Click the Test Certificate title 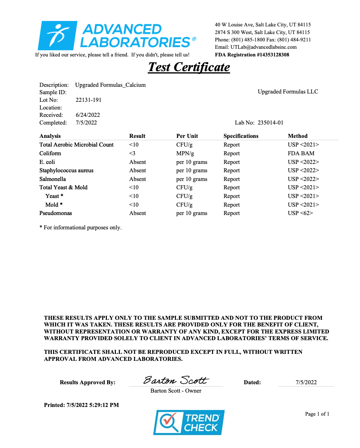(x=189, y=67)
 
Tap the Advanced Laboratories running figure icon (x=58, y=35)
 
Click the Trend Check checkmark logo (x=168, y=422)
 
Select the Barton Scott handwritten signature (x=176, y=380)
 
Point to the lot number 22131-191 (x=88, y=100)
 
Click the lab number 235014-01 (x=271, y=123)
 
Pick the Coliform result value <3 (x=132, y=153)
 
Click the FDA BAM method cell (x=301, y=153)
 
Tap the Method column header (x=298, y=136)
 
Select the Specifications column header (x=241, y=136)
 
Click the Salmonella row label (x=52, y=179)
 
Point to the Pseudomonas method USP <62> (x=300, y=213)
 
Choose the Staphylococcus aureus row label (x=66, y=170)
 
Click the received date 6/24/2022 (x=88, y=115)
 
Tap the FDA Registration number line (x=252, y=55)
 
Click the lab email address (x=263, y=47)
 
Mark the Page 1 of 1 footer (x=317, y=414)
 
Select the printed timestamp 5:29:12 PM (x=104, y=405)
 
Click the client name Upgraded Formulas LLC (x=288, y=91)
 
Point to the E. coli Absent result (x=138, y=162)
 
